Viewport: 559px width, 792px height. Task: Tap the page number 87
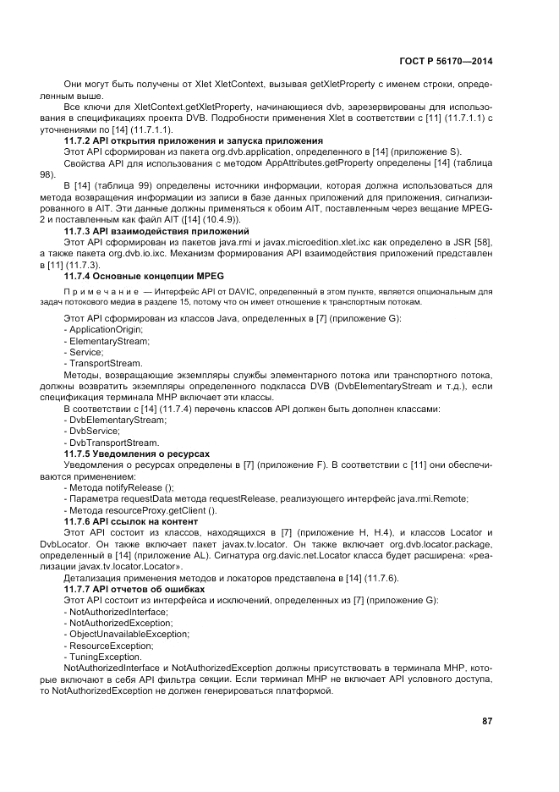click(x=487, y=721)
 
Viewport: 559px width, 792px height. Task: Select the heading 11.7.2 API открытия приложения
click(x=194, y=140)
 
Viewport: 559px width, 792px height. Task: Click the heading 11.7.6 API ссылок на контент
click(x=130, y=522)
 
